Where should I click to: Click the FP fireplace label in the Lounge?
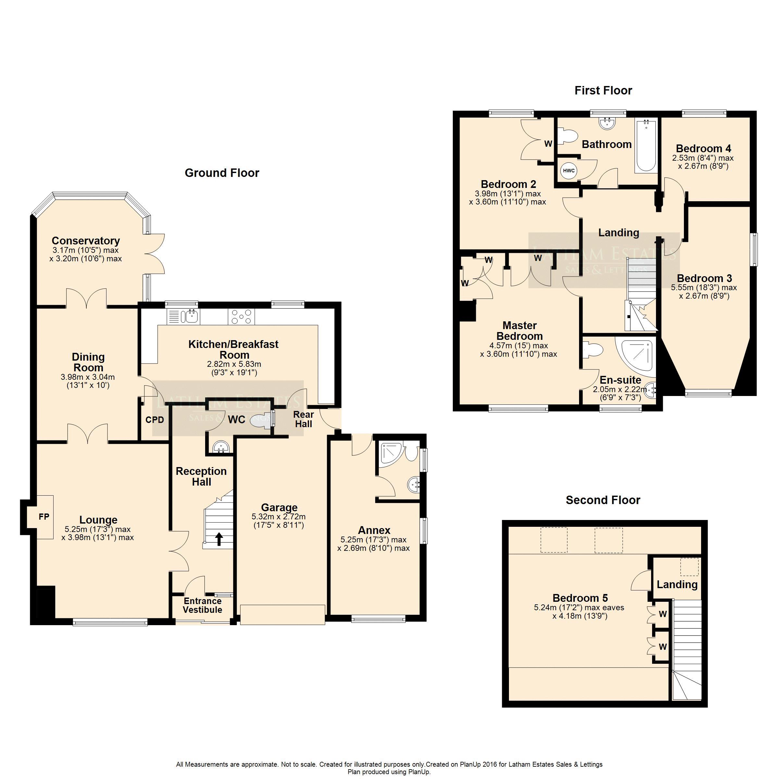[44, 516]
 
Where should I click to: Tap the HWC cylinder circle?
[569, 170]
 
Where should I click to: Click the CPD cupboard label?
[155, 420]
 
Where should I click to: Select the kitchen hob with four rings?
[241, 316]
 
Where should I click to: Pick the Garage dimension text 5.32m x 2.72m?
[278, 516]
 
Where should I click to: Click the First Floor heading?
[603, 90]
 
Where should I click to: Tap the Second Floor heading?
[603, 500]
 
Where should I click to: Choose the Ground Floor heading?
[222, 173]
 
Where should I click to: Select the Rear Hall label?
[303, 419]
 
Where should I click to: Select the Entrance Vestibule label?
[203, 605]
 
